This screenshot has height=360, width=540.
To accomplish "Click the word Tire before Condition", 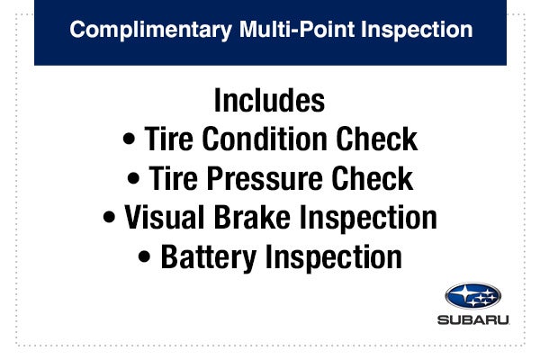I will pyautogui.click(x=171, y=139).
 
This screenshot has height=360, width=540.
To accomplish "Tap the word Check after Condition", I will pyautogui.click(x=378, y=139).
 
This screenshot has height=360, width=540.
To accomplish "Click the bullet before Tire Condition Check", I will pyautogui.click(x=129, y=141).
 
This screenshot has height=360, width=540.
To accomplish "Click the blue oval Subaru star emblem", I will pyautogui.click(x=473, y=296).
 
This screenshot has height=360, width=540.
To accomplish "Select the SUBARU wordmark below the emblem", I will pyautogui.click(x=473, y=319).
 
